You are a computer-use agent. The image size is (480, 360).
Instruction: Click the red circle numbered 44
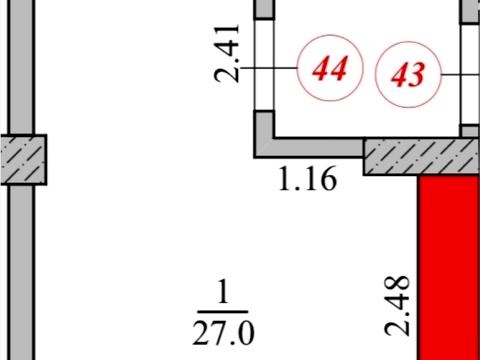[x=330, y=68]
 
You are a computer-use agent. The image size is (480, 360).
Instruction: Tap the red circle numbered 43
[x=408, y=75]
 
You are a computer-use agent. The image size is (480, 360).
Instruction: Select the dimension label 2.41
[x=227, y=53]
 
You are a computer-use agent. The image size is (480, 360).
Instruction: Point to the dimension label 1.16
[x=307, y=179]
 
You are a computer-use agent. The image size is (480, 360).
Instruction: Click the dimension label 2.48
[x=397, y=306]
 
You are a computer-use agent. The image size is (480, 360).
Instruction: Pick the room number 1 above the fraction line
[x=223, y=292]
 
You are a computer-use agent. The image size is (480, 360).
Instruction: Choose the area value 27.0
[x=223, y=332]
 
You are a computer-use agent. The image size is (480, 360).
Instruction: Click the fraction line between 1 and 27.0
[x=223, y=312]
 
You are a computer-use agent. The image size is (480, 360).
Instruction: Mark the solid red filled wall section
[x=449, y=267]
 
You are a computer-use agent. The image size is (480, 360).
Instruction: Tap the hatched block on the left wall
[x=23, y=160]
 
